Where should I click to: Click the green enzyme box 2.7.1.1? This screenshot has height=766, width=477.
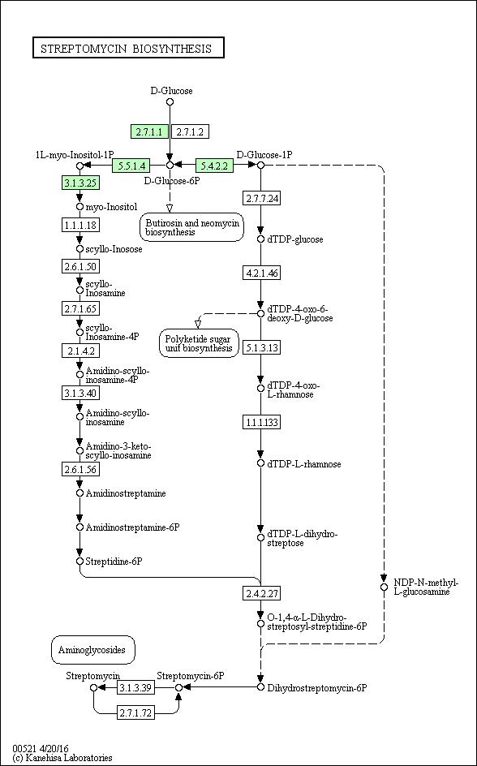coord(149,131)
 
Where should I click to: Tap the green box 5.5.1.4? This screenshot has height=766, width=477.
coord(131,166)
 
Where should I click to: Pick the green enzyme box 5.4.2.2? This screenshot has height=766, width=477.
coord(214,166)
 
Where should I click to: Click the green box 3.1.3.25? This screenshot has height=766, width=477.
coord(80,183)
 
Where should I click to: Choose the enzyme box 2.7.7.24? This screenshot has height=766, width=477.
coord(261,198)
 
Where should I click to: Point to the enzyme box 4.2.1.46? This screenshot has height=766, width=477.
coord(261,273)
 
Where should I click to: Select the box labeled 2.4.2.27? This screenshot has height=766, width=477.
coord(261,593)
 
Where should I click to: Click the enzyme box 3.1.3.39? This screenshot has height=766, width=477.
coord(136,687)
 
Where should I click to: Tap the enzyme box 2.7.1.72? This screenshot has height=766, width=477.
coord(136,713)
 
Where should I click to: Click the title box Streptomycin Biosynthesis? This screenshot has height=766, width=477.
coord(128,48)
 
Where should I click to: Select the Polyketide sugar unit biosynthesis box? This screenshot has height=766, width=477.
coord(199,343)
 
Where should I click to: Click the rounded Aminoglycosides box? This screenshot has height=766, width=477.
coord(92,650)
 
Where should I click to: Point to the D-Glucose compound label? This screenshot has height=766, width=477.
coord(171,90)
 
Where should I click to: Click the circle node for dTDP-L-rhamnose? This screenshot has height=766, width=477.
coord(260,463)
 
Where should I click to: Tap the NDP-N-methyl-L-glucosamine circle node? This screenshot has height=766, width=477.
coord(384,587)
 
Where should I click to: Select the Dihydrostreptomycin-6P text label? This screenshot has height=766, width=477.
coord(317,688)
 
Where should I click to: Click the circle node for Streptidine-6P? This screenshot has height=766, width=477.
coord(80,561)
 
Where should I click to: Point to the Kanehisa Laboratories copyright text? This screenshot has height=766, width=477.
coord(62,758)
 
